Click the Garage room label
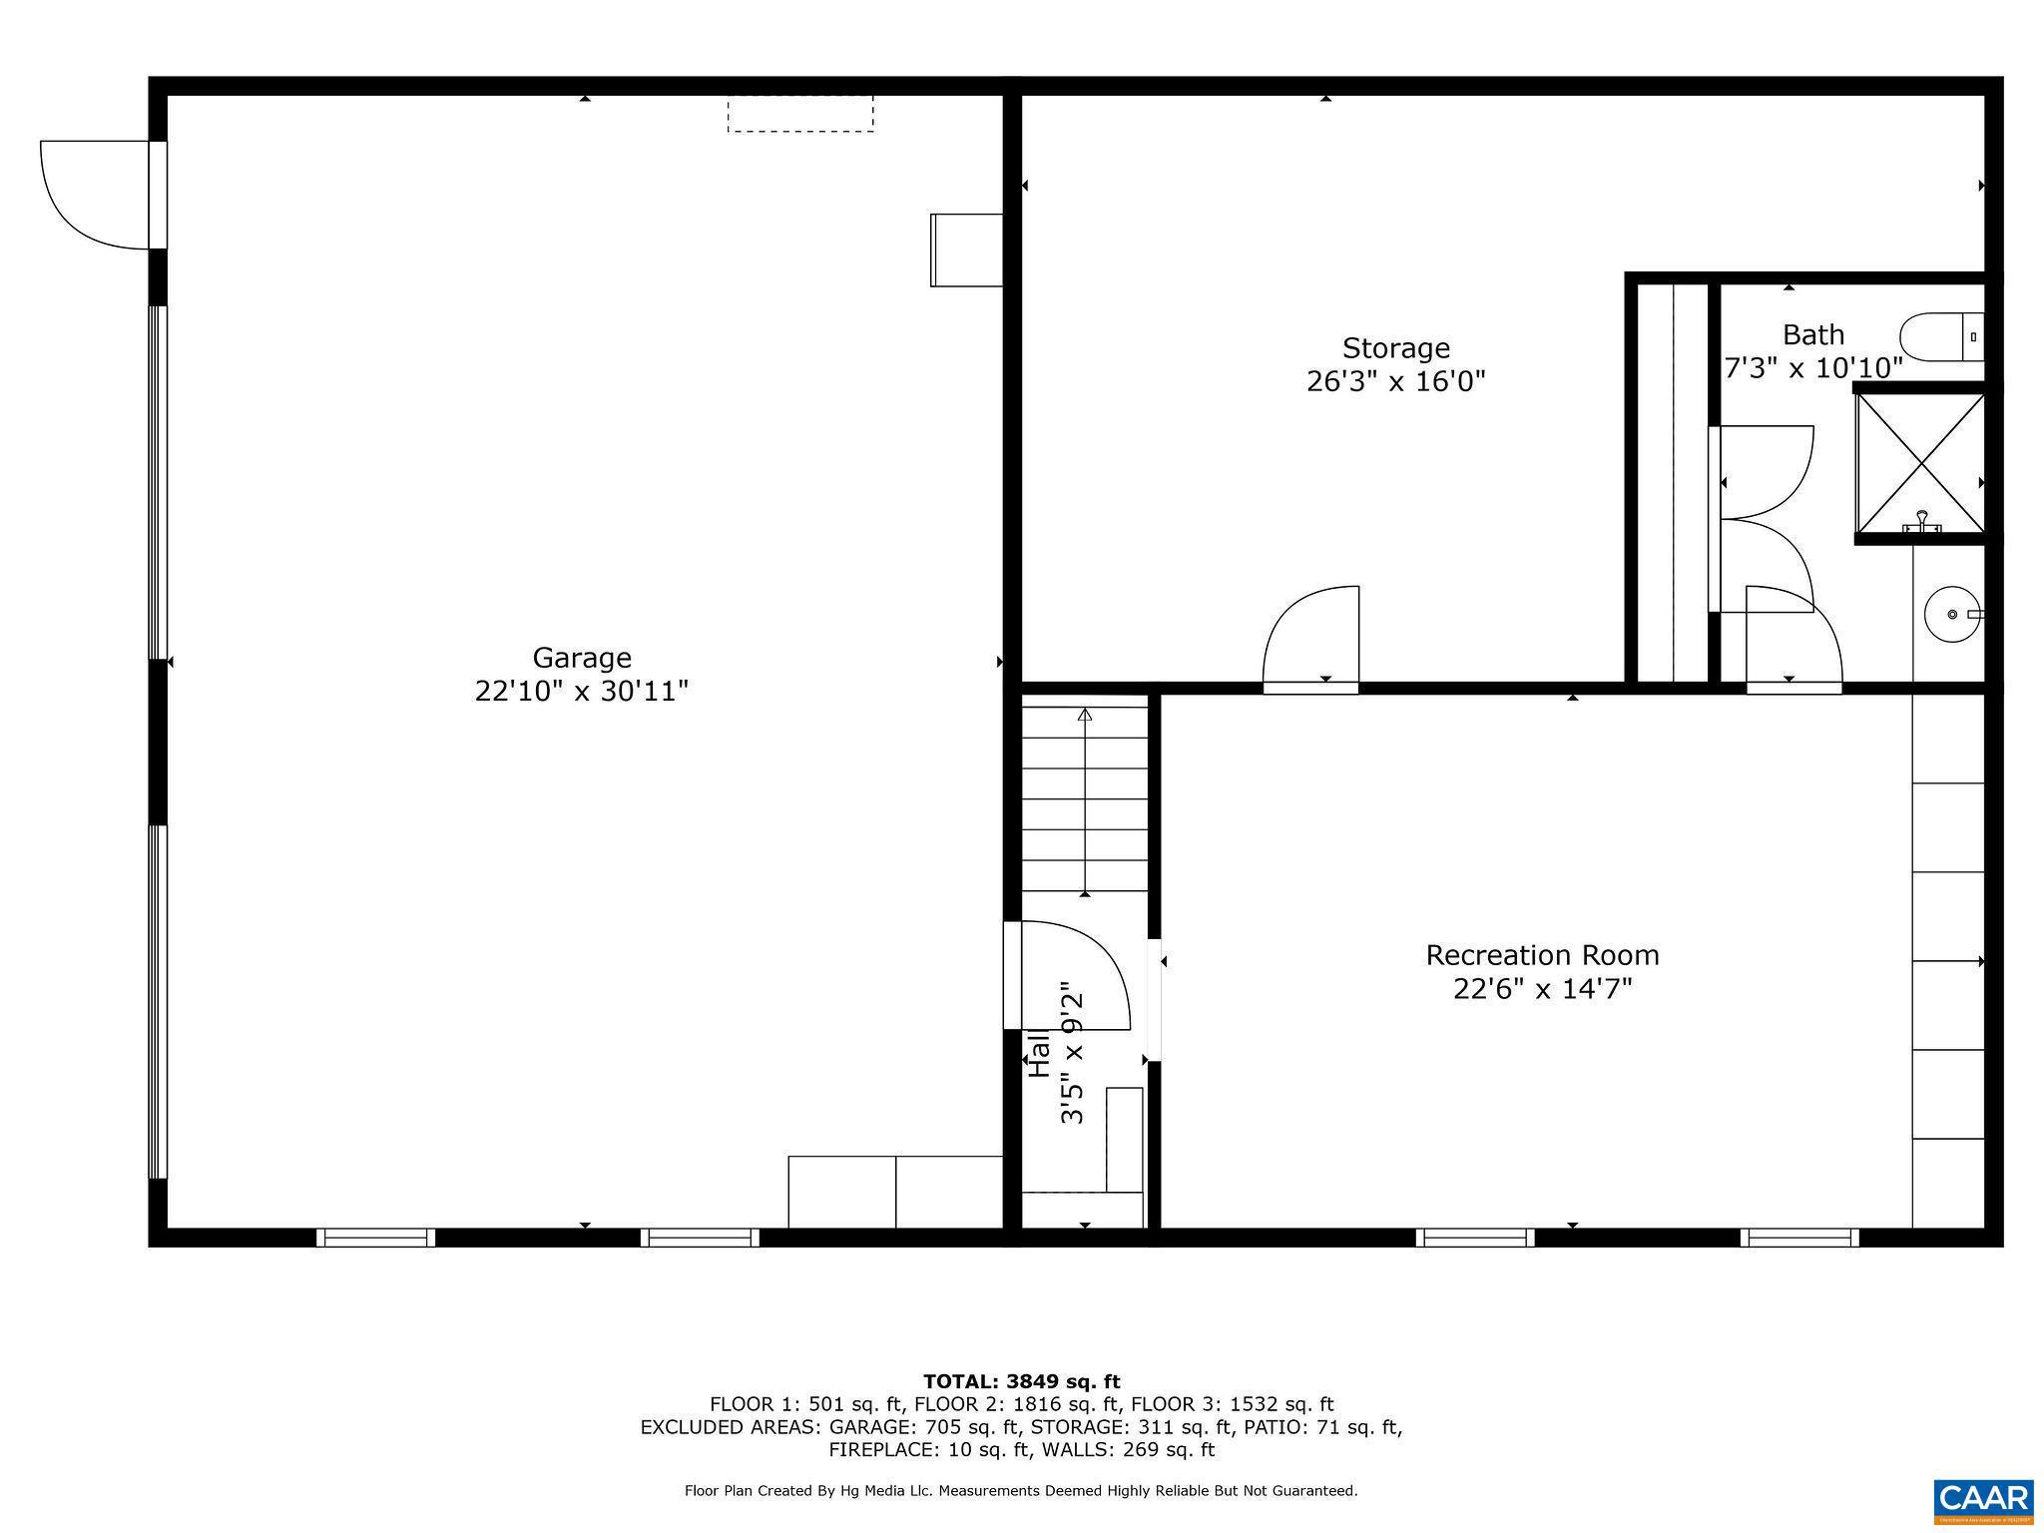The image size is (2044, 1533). point(581,658)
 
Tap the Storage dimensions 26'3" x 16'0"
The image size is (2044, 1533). point(1395,381)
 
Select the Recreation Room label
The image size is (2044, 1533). point(1542,955)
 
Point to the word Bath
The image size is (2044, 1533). point(1813,334)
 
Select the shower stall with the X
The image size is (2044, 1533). point(1919,463)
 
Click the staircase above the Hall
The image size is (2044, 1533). point(1084,799)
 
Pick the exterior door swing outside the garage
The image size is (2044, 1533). point(95,194)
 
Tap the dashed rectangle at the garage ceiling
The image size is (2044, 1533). point(800,114)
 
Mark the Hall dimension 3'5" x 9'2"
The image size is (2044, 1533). point(1072,1053)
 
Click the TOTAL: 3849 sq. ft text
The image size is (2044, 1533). point(1021,1382)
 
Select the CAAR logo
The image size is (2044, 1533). point(1983,1500)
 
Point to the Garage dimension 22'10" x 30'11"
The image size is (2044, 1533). point(581,691)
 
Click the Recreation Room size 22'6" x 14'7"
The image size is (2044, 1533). point(1542,989)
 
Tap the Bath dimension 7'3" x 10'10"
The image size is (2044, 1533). point(1813,368)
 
